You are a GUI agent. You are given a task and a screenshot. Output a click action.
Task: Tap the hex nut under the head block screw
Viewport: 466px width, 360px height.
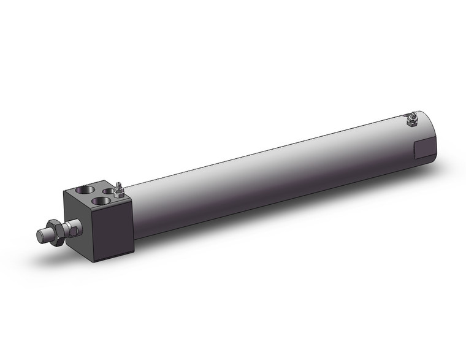coord(118,193)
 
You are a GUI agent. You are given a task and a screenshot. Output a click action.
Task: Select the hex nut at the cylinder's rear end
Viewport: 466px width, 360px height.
coord(413,122)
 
